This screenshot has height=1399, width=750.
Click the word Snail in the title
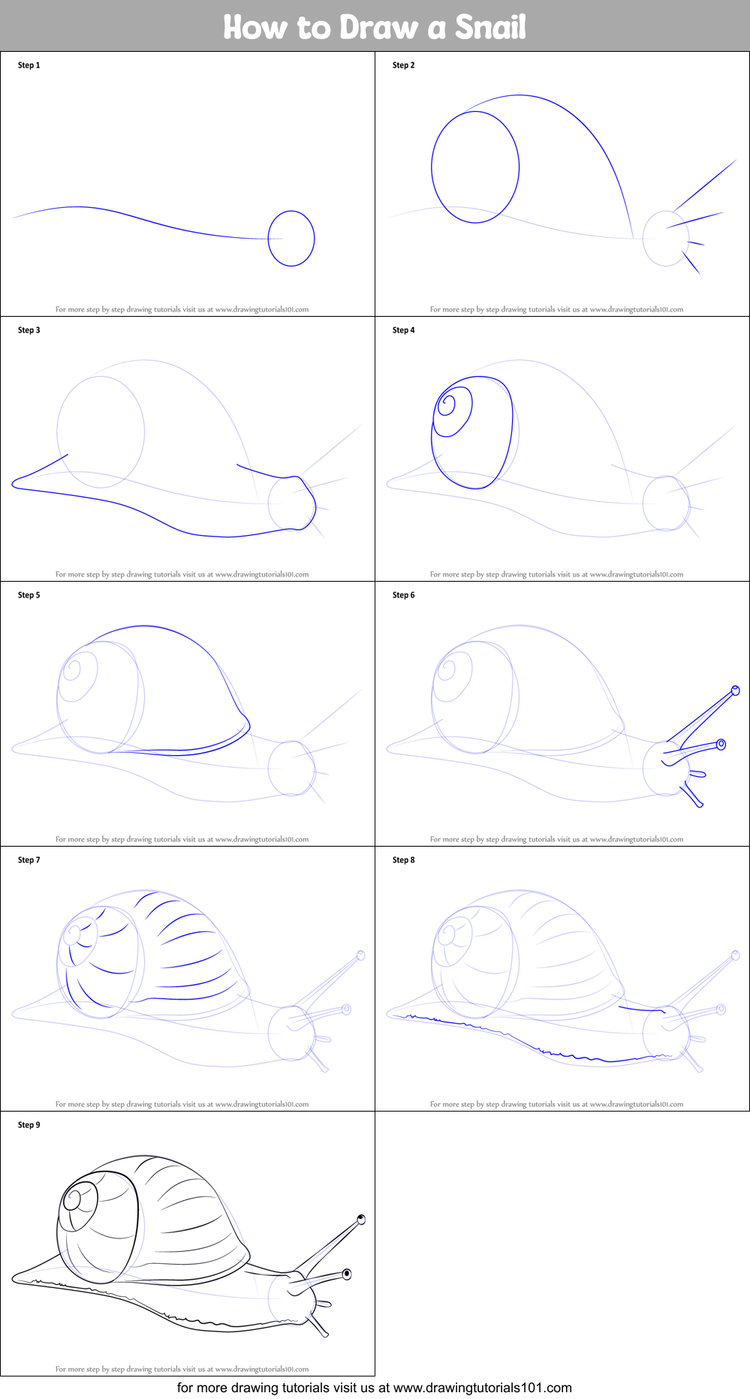tap(490, 27)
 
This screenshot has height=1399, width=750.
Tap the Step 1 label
tap(29, 65)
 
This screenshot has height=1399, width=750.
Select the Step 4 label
tap(403, 330)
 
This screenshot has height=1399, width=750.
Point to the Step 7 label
tap(29, 860)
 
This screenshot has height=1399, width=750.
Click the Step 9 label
tap(29, 1125)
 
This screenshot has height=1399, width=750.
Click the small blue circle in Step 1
tap(291, 239)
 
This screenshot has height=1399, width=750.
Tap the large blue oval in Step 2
tap(475, 167)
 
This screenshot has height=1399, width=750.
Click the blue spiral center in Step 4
tap(447, 405)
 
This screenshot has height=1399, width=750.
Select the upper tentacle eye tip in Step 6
tap(736, 690)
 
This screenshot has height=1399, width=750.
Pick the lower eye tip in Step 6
tap(721, 745)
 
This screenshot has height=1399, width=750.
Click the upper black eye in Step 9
tap(361, 1220)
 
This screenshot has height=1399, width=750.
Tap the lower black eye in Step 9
tap(347, 1274)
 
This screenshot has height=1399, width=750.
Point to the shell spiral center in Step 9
tap(73, 1199)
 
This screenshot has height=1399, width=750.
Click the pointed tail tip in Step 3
tap(14, 485)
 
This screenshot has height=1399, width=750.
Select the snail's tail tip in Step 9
tap(14, 1280)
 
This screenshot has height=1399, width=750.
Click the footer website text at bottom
tap(375, 1388)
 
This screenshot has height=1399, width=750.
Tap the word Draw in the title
tap(378, 27)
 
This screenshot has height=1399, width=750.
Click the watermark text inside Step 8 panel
tap(556, 1104)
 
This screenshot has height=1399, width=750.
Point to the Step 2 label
tap(403, 65)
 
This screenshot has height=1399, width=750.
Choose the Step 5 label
tap(29, 595)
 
